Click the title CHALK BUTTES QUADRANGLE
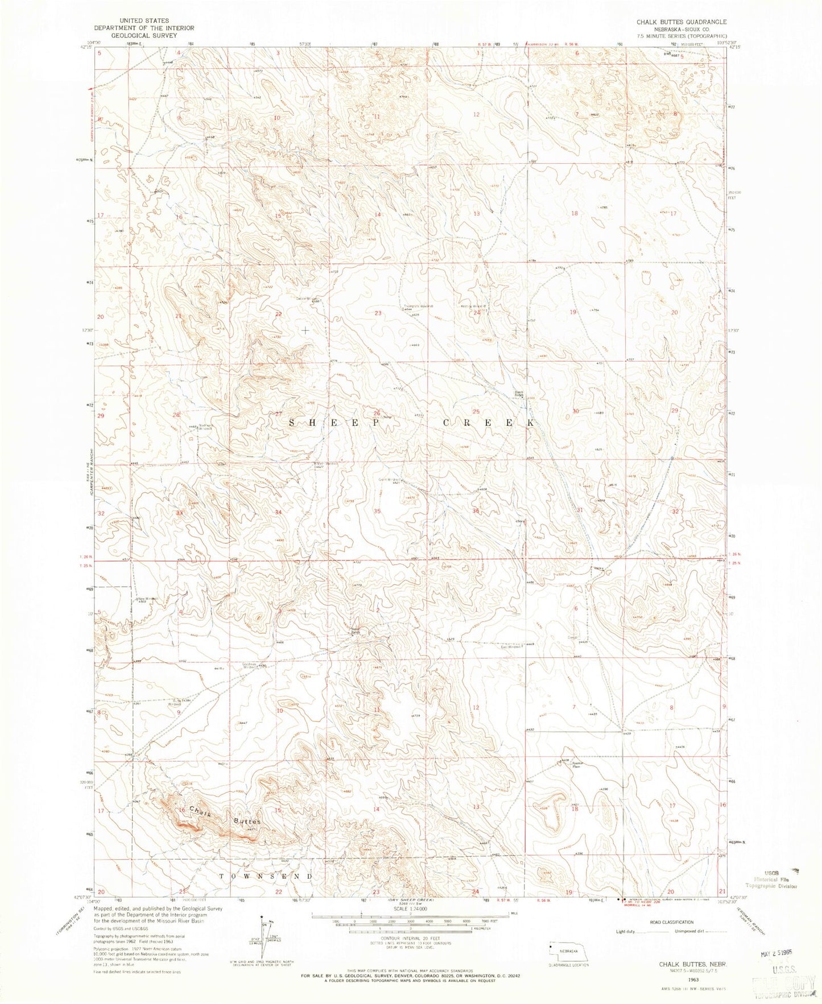point(674,22)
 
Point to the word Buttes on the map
point(246,822)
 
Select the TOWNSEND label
point(266,877)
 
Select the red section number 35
point(377,511)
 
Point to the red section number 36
point(476,511)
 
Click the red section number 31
point(580,510)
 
